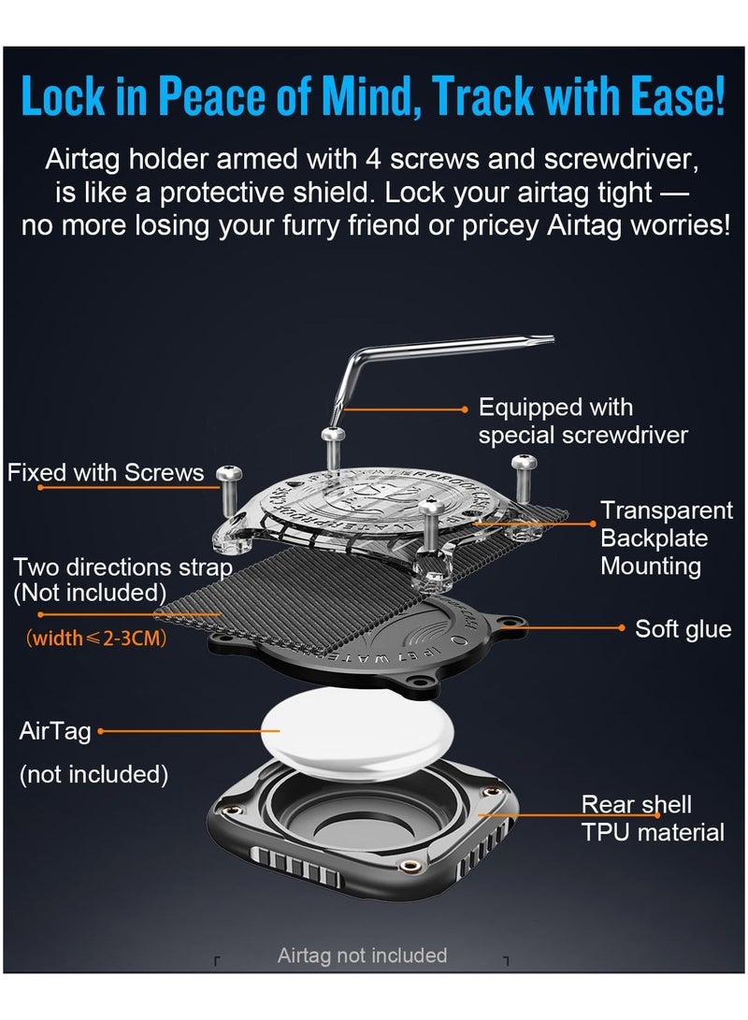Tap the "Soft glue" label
tap(683, 629)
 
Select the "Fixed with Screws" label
tap(106, 472)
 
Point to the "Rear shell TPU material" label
tap(653, 818)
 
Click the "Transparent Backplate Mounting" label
tap(667, 538)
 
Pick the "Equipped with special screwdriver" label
tap(583, 421)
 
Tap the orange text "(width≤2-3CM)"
tap(96, 638)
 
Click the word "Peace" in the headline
tap(212, 96)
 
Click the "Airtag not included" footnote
tap(362, 955)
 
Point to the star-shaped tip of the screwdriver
tap(546, 340)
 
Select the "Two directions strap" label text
tap(122, 567)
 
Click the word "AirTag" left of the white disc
tap(55, 731)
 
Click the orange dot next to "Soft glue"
tap(622, 627)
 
